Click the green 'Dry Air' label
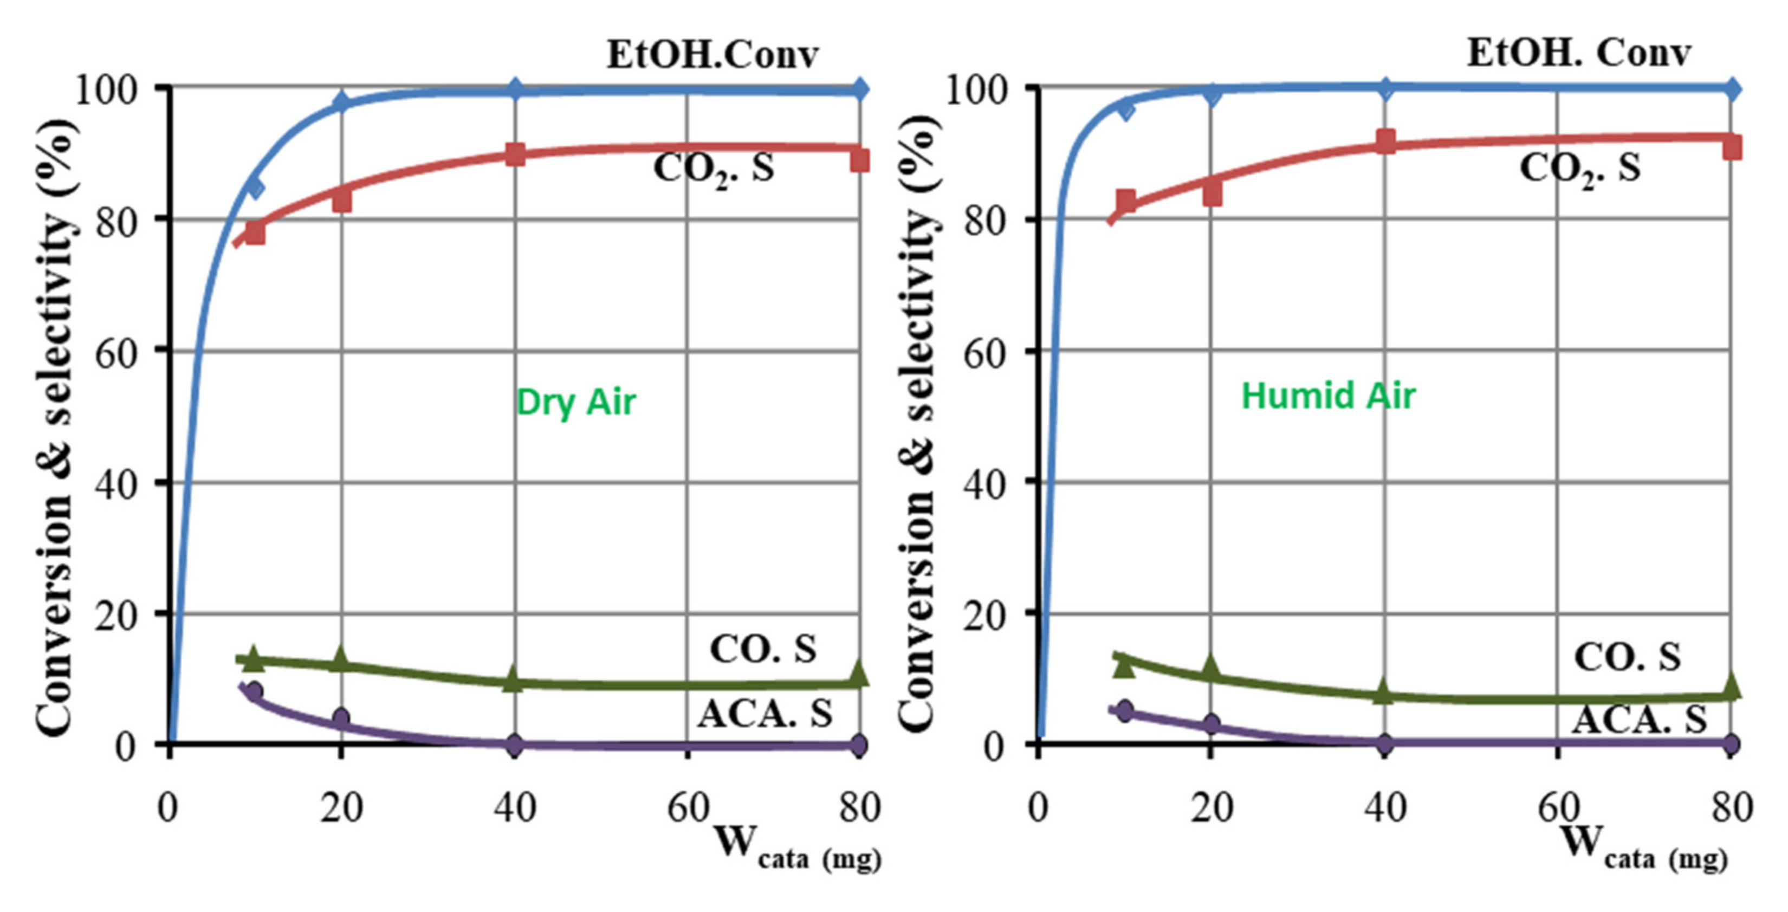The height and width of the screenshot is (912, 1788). (576, 402)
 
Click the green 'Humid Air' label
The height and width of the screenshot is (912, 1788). (1328, 396)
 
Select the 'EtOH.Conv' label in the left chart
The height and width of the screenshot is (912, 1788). (713, 55)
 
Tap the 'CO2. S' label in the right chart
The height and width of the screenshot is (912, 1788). (1580, 168)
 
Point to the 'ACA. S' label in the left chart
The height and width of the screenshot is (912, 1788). (764, 714)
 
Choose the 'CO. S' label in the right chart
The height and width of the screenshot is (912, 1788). (1627, 657)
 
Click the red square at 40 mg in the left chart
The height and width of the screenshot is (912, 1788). (514, 154)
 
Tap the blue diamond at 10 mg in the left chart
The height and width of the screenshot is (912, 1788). (255, 187)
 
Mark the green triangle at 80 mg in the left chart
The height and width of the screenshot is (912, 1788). (859, 672)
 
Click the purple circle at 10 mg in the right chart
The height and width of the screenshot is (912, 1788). (1125, 712)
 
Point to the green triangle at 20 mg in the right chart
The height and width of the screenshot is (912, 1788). (1211, 668)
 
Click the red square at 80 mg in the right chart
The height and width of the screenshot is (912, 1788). (1731, 148)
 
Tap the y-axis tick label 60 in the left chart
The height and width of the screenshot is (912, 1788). (116, 353)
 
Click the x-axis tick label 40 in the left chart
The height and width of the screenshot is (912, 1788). (514, 808)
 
